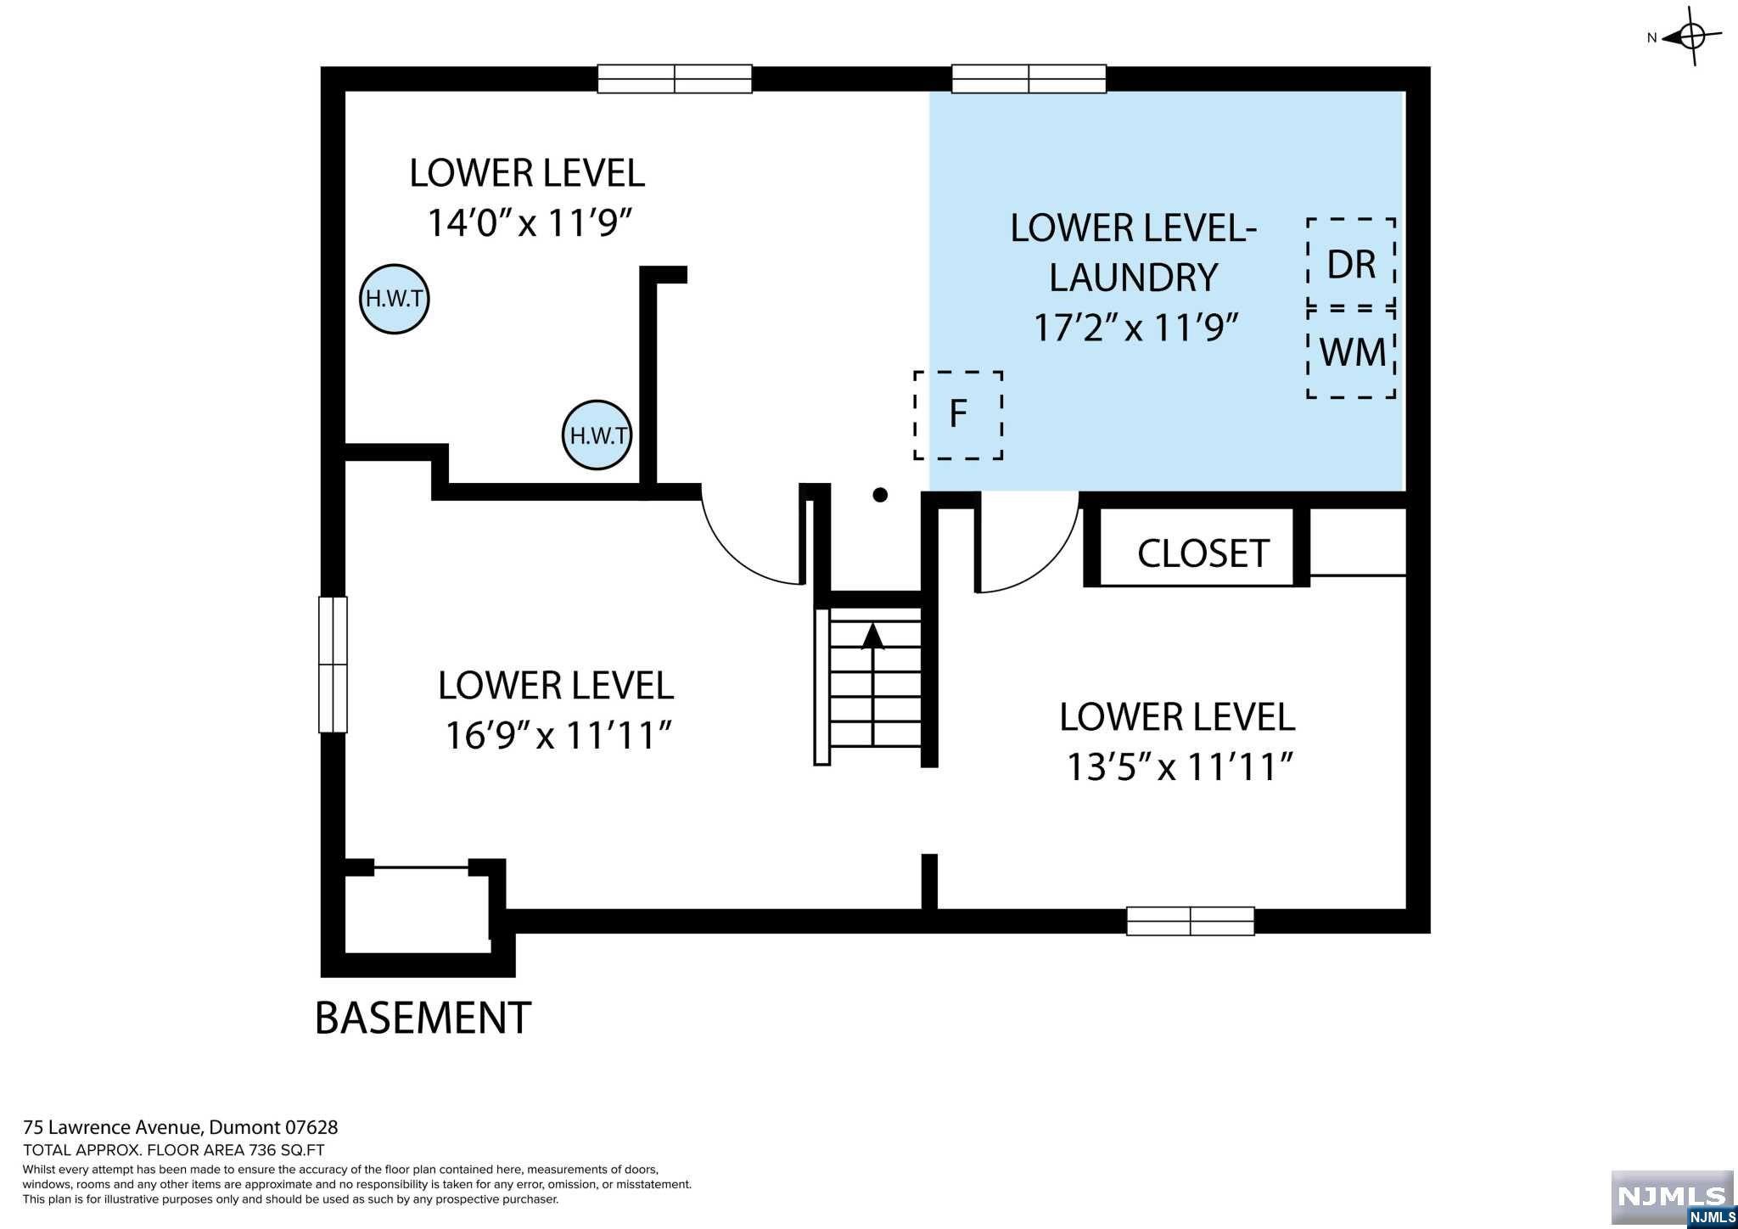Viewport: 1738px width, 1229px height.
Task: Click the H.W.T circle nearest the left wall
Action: (395, 299)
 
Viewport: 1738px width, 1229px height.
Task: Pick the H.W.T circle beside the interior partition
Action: (597, 435)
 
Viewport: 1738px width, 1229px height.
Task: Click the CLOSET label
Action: (1203, 553)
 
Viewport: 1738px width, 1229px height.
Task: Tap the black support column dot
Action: (880, 495)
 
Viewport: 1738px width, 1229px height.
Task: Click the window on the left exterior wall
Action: (333, 665)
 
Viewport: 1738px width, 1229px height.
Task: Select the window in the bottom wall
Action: (1190, 921)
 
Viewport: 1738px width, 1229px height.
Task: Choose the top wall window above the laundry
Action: (1029, 79)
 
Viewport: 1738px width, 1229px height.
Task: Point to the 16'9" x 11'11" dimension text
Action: (558, 735)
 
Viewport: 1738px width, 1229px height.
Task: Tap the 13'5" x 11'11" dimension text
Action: (1179, 767)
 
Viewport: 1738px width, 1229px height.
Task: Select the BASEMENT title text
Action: (423, 1018)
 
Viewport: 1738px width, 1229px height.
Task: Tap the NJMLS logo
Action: (1673, 1199)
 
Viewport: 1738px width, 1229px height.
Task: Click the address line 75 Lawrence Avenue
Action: (112, 1128)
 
